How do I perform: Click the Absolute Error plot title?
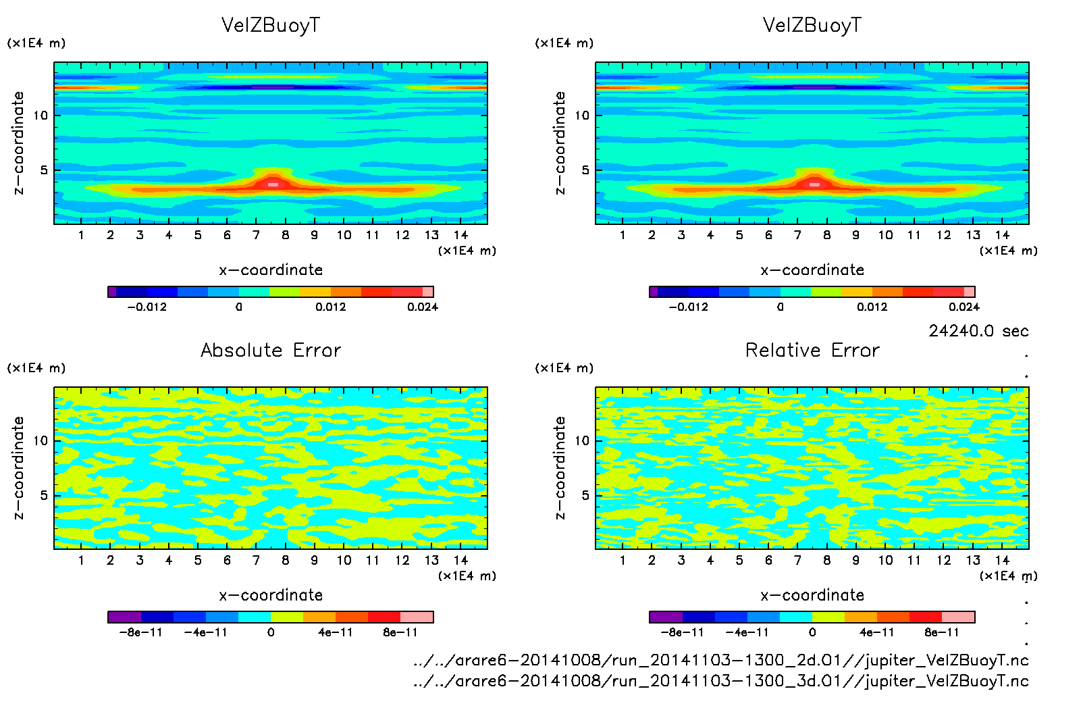click(x=271, y=350)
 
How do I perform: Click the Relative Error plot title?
click(x=812, y=350)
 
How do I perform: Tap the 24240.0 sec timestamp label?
click(x=978, y=331)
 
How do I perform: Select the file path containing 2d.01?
click(x=720, y=660)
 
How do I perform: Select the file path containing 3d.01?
click(x=720, y=681)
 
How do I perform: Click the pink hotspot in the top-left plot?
click(x=273, y=184)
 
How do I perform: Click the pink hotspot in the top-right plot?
click(x=814, y=184)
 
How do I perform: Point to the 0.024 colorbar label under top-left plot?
click(x=423, y=307)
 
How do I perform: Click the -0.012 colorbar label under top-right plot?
click(x=688, y=307)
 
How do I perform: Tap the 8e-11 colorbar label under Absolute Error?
click(x=400, y=632)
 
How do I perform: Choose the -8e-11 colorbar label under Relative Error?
click(x=682, y=632)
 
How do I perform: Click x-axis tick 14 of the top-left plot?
click(x=460, y=235)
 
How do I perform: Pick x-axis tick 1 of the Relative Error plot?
click(x=623, y=560)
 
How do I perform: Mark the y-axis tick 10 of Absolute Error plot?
click(x=41, y=440)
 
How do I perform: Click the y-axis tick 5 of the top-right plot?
click(x=585, y=170)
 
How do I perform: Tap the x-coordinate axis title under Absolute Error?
click(x=271, y=595)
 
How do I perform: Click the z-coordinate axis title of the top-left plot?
click(x=18, y=143)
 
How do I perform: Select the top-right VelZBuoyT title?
click(x=812, y=25)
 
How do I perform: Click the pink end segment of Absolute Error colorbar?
click(x=417, y=617)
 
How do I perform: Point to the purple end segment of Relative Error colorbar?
click(x=666, y=617)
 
